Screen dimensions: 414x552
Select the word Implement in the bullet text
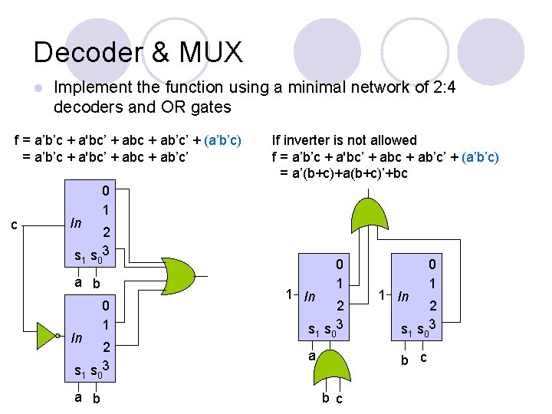pyautogui.click(x=92, y=88)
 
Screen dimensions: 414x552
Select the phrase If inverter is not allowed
pyautogui.click(x=344, y=140)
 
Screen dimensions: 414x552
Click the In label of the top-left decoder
pyautogui.click(x=76, y=223)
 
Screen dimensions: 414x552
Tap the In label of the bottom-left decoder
pyautogui.click(x=76, y=338)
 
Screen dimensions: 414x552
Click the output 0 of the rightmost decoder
pyautogui.click(x=432, y=265)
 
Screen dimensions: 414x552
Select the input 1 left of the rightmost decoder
pyautogui.click(x=382, y=294)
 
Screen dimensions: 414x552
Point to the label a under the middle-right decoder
pyautogui.click(x=310, y=356)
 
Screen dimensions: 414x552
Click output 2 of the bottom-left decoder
pyautogui.click(x=107, y=346)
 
